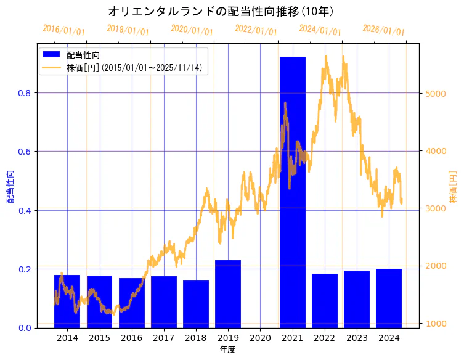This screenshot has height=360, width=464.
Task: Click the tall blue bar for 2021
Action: pos(292,192)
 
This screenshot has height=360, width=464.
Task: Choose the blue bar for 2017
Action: pos(164,301)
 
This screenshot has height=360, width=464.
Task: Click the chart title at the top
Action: pos(221,11)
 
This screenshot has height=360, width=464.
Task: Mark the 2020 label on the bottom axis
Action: pos(260,338)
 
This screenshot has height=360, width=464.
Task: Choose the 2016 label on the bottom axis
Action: pos(131,338)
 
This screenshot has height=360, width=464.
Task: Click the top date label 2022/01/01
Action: pos(256,30)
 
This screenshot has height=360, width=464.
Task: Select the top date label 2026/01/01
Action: pos(383,30)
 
